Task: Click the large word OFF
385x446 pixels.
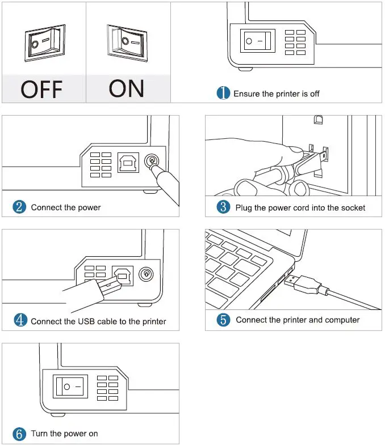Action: click(x=42, y=90)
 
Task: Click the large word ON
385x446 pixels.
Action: click(x=126, y=88)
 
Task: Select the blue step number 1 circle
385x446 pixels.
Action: click(x=224, y=94)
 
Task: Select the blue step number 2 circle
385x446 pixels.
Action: click(x=19, y=207)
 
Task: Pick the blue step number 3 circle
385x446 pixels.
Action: click(x=224, y=207)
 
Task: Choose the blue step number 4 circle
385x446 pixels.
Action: click(x=19, y=321)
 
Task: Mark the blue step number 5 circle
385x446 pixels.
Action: click(x=224, y=320)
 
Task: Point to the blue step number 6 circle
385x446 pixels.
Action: click(x=19, y=434)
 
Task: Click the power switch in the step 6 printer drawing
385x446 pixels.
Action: click(x=70, y=386)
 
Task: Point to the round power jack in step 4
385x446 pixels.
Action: click(x=147, y=274)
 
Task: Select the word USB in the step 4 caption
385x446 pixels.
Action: click(x=87, y=321)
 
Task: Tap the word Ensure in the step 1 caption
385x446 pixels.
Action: click(x=246, y=94)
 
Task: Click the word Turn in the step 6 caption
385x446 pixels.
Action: click(x=39, y=434)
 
